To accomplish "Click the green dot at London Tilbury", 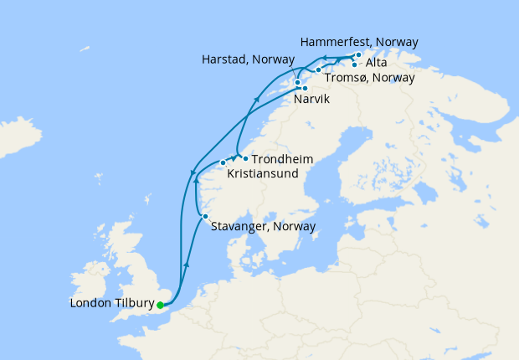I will click(x=160, y=305).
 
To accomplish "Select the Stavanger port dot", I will click(x=205, y=218).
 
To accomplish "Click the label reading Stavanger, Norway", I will click(x=264, y=226).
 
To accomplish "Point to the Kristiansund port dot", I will click(x=223, y=162).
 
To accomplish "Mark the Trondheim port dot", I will click(x=244, y=158).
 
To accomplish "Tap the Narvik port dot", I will click(x=305, y=88).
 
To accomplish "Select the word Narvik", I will click(x=311, y=100).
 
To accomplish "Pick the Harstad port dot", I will click(x=298, y=82).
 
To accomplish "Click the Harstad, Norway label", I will click(x=249, y=60).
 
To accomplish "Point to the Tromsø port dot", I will click(x=318, y=69).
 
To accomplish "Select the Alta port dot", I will click(x=355, y=64).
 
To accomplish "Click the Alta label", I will click(x=377, y=62).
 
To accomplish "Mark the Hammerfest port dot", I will click(x=358, y=55).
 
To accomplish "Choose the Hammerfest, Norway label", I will click(x=357, y=42).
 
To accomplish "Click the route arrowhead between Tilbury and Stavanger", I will click(x=186, y=264).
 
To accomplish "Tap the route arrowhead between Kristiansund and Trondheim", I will click(x=233, y=157).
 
